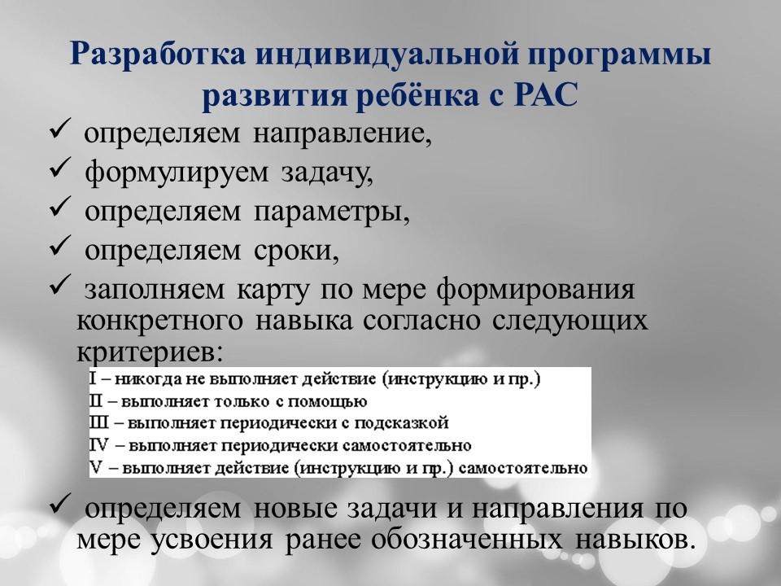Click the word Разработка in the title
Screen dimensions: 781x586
coord(157,55)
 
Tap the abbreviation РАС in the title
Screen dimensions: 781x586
coord(546,94)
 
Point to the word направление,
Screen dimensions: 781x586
coord(343,134)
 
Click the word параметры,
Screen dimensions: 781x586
coord(331,212)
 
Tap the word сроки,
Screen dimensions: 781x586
coord(296,251)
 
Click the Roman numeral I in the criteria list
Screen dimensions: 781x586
coord(93,378)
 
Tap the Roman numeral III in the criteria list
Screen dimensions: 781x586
coord(98,423)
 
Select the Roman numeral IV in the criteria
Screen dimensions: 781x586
coord(99,445)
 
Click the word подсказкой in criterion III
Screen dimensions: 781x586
coord(401,423)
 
